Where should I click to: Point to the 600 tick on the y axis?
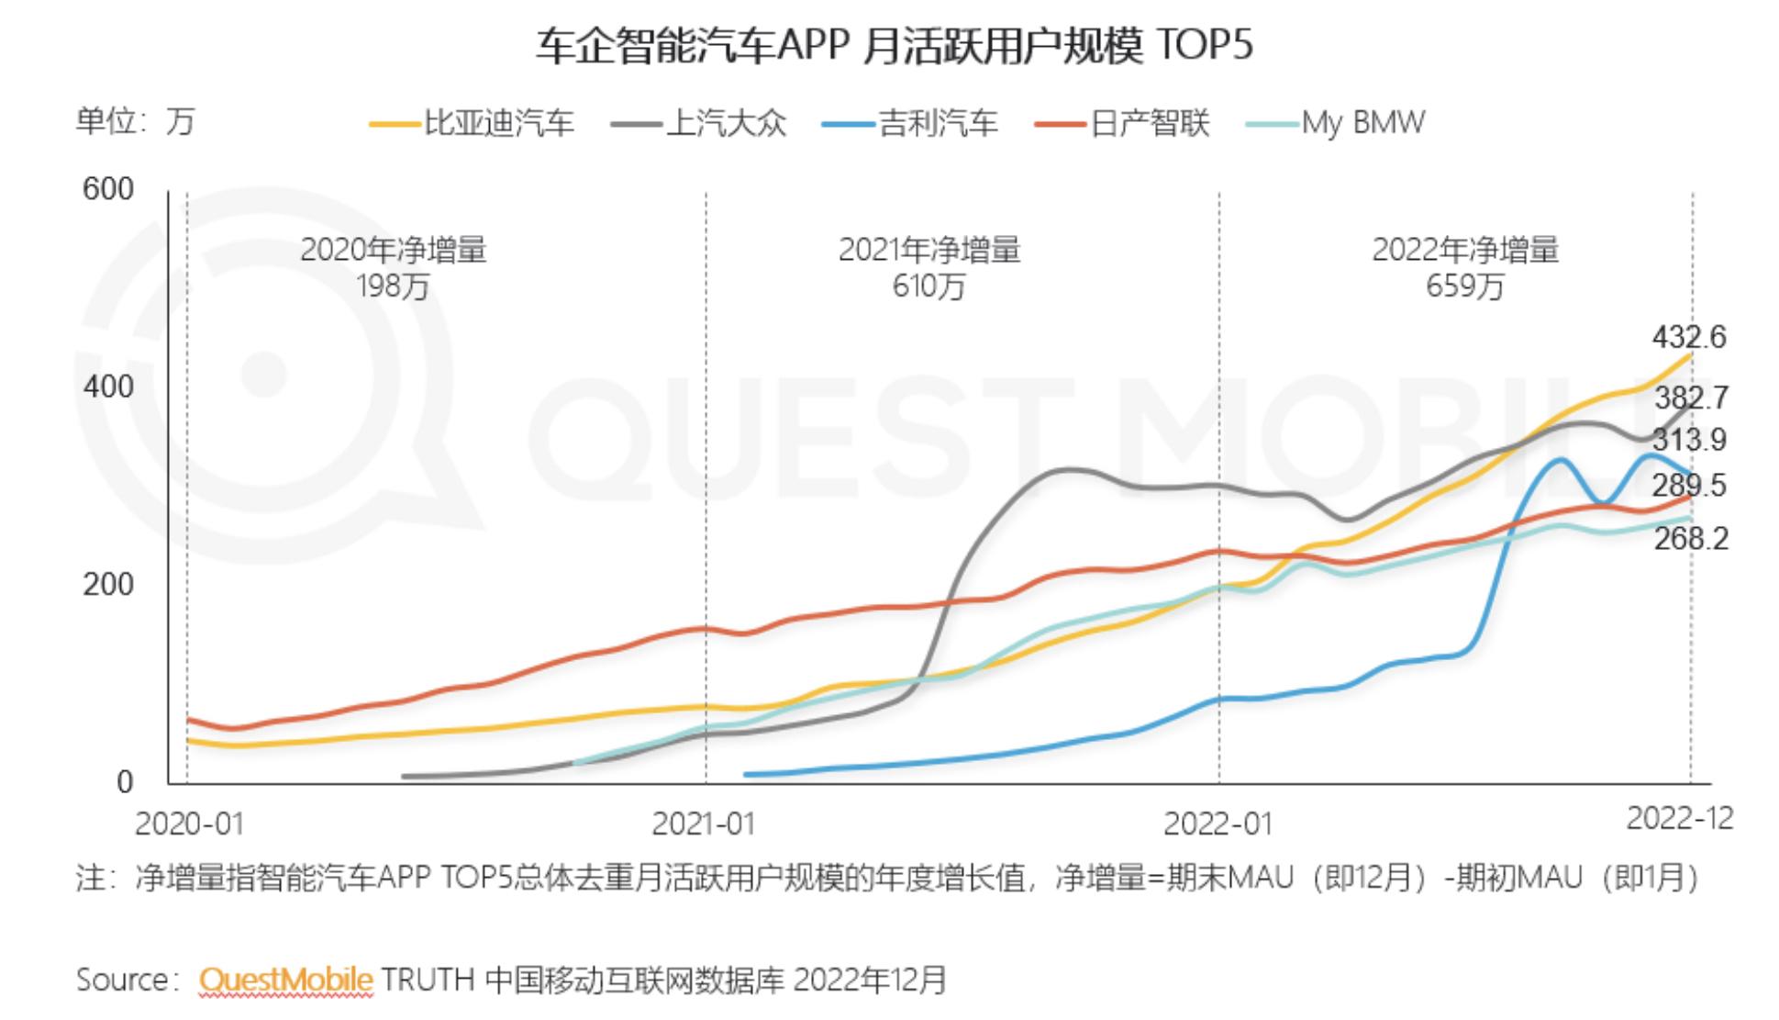(107, 189)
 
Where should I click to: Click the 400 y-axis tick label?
(107, 387)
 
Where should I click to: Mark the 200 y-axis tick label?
(107, 584)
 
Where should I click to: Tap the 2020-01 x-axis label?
(189, 824)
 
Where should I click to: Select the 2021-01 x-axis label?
(703, 824)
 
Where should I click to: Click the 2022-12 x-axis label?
(1679, 817)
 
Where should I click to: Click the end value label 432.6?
(1688, 337)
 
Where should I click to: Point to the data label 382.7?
(1691, 398)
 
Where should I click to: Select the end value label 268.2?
(1691, 538)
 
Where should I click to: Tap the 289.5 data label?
(1688, 485)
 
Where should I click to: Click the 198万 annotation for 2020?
(393, 287)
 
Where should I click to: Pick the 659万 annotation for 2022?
(1464, 287)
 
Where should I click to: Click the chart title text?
(894, 45)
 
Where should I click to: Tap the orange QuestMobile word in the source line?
(285, 980)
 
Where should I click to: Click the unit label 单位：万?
(135, 121)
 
